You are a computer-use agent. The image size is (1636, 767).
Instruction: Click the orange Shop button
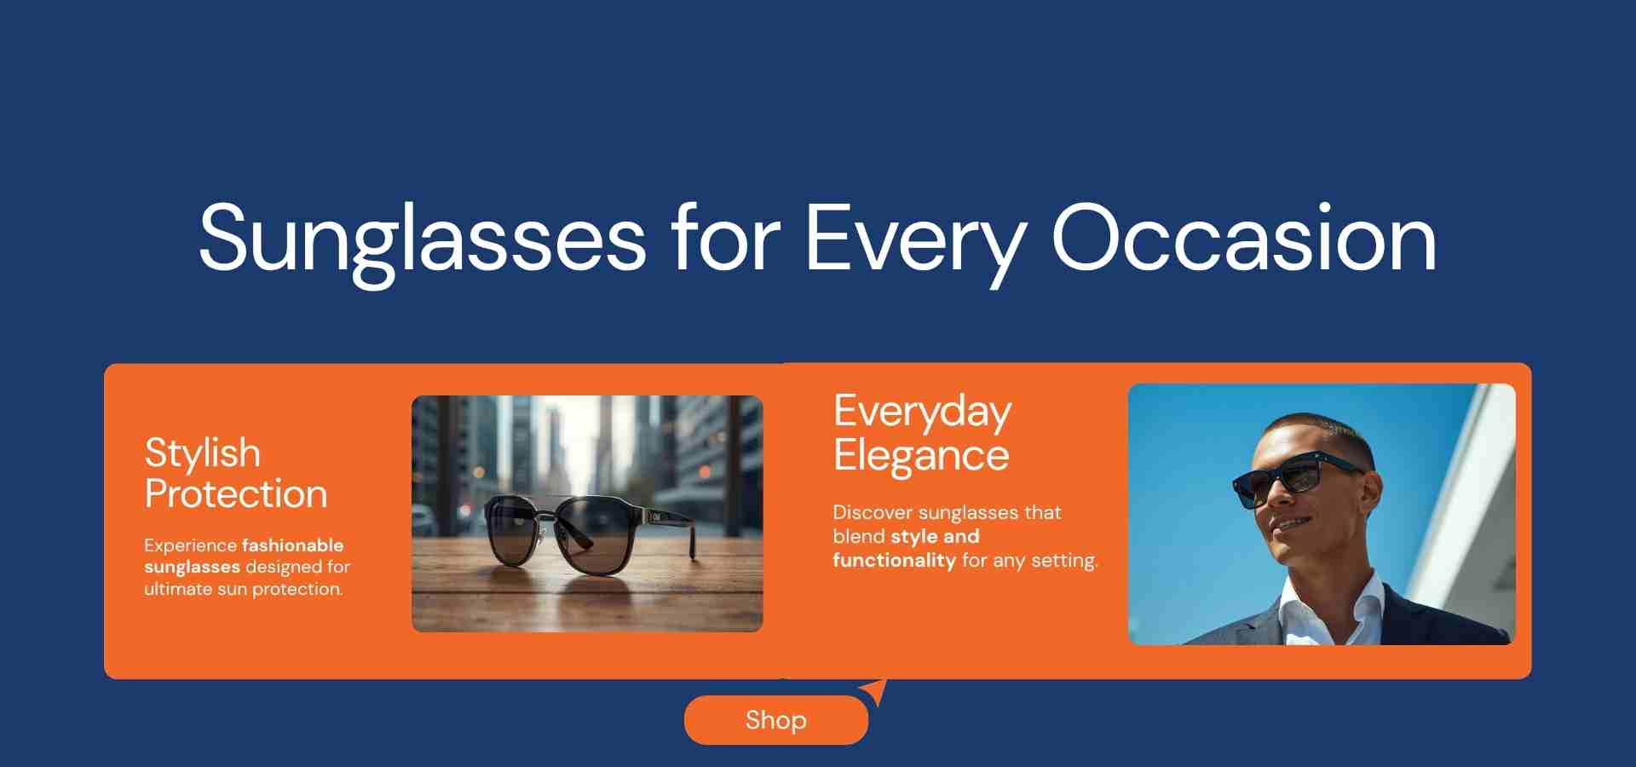pyautogui.click(x=775, y=720)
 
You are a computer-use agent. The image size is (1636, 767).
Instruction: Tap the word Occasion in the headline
pyautogui.click(x=1244, y=239)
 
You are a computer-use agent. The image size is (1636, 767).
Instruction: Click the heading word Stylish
pyautogui.click(x=202, y=453)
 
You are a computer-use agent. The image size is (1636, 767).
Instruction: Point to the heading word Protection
pyautogui.click(x=236, y=493)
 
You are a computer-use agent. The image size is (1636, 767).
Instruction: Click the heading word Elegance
pyautogui.click(x=921, y=456)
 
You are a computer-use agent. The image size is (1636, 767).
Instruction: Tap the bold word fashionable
pyautogui.click(x=292, y=545)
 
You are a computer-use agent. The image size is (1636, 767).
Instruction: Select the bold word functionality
pyautogui.click(x=894, y=560)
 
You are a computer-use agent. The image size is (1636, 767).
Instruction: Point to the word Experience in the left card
pyautogui.click(x=190, y=546)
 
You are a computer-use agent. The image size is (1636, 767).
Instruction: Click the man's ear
pyautogui.click(x=1370, y=492)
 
